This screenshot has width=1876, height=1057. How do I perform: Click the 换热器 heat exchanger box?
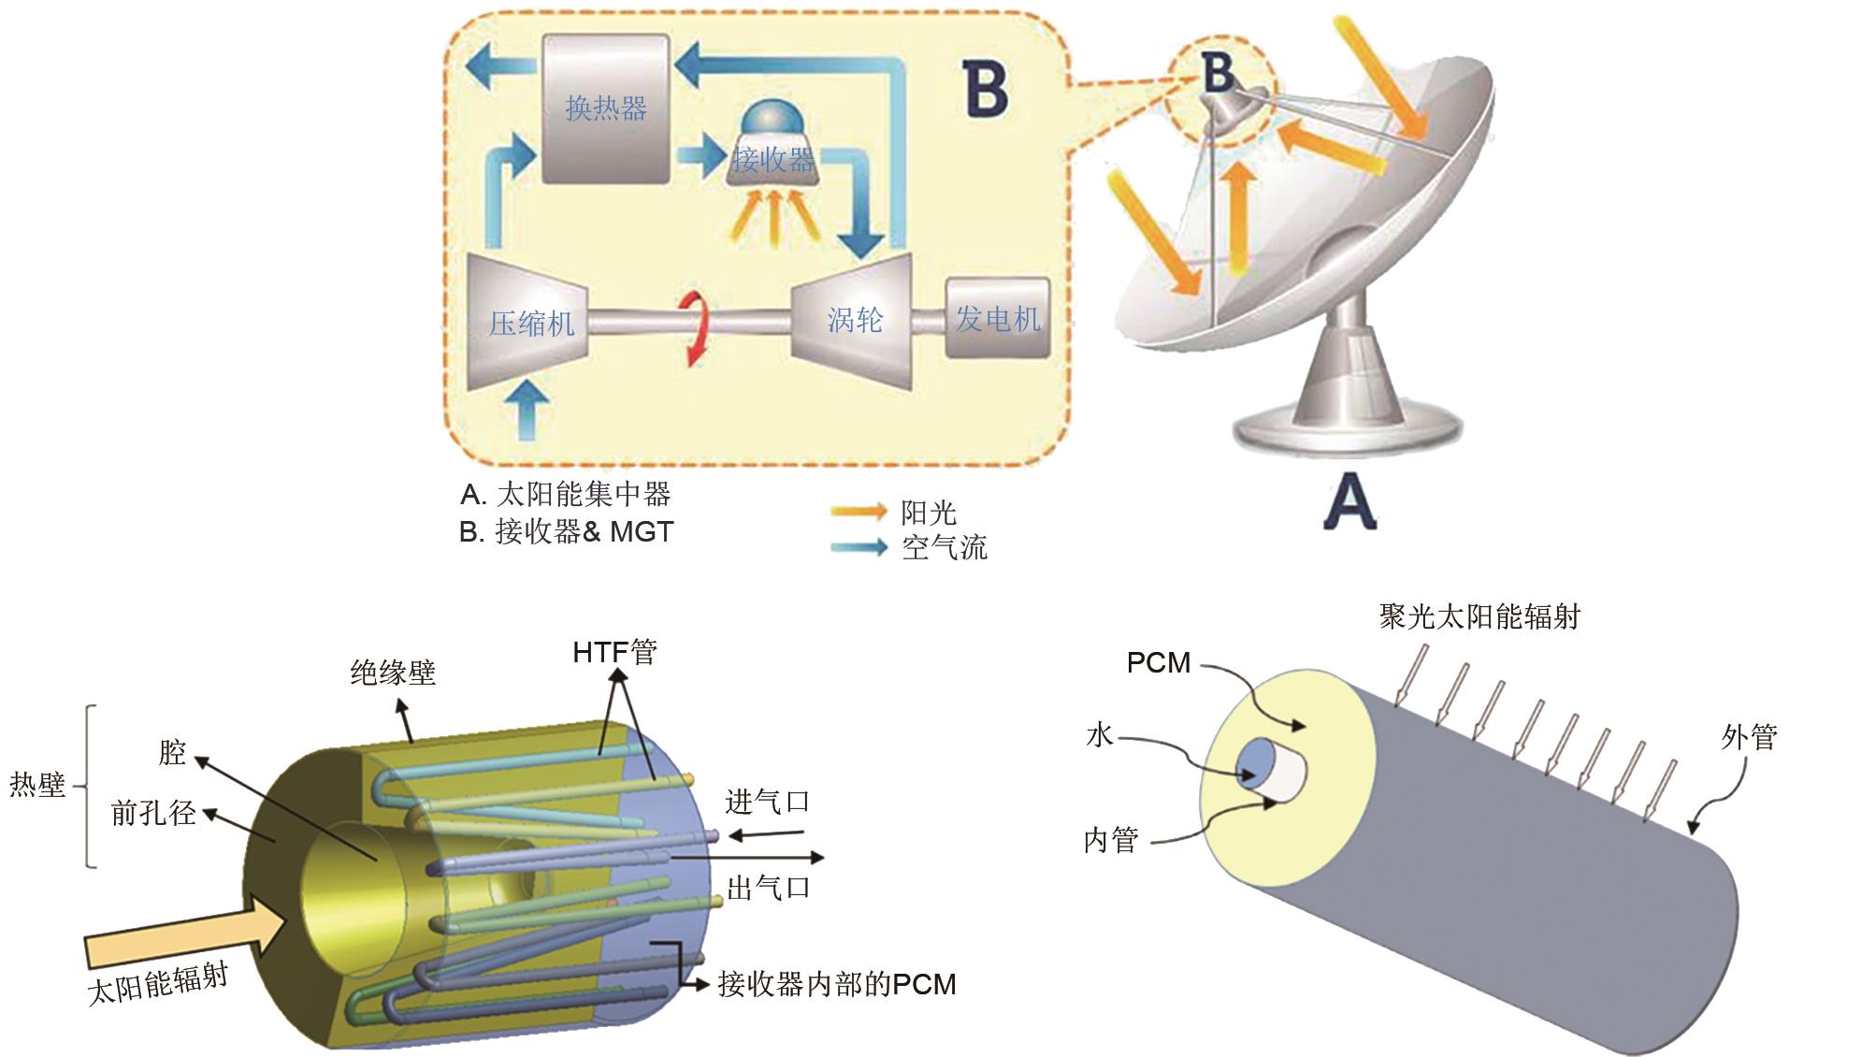point(606,109)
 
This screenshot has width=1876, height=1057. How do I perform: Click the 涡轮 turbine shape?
point(853,320)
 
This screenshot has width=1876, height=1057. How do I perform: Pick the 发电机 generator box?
point(997,318)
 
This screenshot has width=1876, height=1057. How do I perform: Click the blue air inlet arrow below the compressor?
point(530,408)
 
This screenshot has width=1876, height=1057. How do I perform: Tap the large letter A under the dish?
point(1349,503)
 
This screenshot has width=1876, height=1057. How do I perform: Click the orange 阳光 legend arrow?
point(859,511)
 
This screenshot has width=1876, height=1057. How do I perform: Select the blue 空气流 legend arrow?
point(859,547)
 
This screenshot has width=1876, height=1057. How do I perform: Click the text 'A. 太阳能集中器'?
point(565,494)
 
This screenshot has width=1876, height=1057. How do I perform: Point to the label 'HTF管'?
point(614,651)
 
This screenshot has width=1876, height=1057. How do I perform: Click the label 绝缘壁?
point(393,673)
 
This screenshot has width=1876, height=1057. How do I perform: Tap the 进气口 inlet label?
point(767,802)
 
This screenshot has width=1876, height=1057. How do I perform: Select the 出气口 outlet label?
point(768,887)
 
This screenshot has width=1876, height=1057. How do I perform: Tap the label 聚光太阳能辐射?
point(1479,616)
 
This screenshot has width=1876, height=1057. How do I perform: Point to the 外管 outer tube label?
point(1749,737)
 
